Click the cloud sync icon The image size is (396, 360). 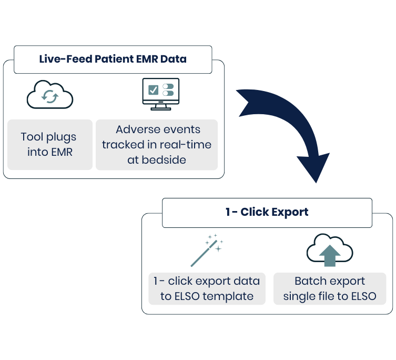pyautogui.click(x=50, y=95)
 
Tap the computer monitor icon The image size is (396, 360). pyautogui.click(x=160, y=94)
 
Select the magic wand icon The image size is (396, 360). pyautogui.click(x=207, y=251)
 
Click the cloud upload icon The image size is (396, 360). pyautogui.click(x=330, y=250)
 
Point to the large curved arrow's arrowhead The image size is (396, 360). pyautogui.click(x=314, y=167)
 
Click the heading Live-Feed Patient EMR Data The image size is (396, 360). pyautogui.click(x=113, y=59)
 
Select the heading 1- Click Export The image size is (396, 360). pyautogui.click(x=267, y=212)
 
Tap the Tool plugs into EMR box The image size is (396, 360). pyautogui.click(x=50, y=145)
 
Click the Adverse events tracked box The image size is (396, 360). pyautogui.click(x=157, y=145)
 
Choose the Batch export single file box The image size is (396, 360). pyautogui.click(x=330, y=288)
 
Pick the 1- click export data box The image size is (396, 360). pyautogui.click(x=207, y=288)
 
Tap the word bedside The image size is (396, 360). pyautogui.click(x=164, y=160)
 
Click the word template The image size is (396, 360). pyautogui.click(x=228, y=296)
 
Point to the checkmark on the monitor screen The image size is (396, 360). pyautogui.click(x=153, y=90)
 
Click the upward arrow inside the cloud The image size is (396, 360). pyautogui.click(x=330, y=256)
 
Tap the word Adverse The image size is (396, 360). pyautogui.click(x=134, y=129)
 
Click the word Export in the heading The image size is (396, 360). pyautogui.click(x=290, y=212)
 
